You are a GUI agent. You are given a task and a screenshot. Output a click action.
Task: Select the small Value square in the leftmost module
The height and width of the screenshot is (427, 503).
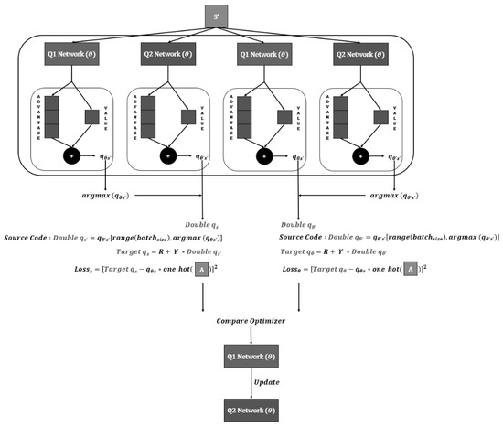point(91,116)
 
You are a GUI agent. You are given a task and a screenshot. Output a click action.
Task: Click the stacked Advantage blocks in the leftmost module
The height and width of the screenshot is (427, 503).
point(51,116)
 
